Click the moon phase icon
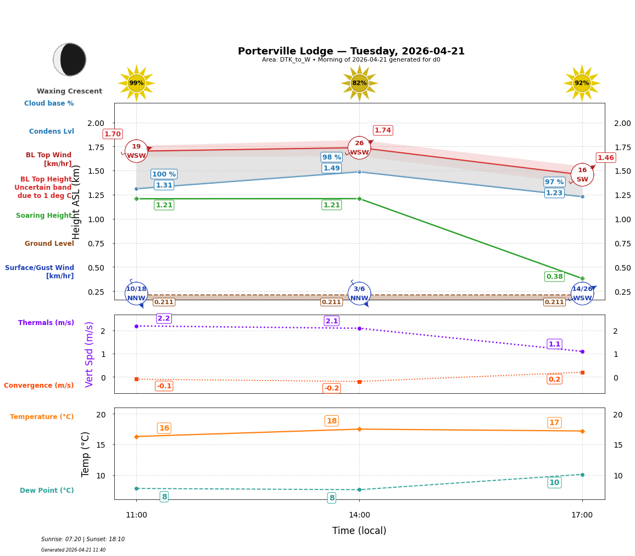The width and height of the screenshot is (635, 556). pos(70,59)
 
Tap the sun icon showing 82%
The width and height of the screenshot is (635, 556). pos(359,83)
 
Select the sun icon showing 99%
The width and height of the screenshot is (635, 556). pos(136,83)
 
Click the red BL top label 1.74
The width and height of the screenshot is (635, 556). pos(383,130)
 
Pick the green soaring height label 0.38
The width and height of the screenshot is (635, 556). pos(554,277)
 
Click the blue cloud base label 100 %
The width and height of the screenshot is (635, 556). pos(164,174)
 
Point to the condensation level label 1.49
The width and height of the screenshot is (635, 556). pos(331,168)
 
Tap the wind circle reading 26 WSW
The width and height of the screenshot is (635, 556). pos(359,148)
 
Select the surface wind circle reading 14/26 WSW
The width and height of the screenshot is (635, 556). pos(582,294)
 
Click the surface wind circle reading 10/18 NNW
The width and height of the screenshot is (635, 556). pos(136,294)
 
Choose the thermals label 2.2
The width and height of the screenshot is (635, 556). pos(164,318)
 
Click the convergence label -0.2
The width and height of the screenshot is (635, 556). pos(331,388)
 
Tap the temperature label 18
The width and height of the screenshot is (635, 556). pos(331,421)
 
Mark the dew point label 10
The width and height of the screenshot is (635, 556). pos(554,483)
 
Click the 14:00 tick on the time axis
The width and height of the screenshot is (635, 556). pos(359,515)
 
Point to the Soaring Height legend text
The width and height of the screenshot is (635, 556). pos(44,216)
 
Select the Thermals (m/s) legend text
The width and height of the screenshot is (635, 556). pos(46,323)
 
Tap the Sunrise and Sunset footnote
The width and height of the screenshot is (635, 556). pos(83,540)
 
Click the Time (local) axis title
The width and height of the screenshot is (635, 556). pos(359,531)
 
